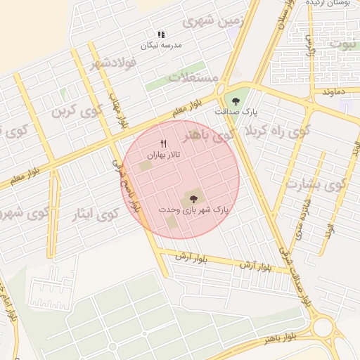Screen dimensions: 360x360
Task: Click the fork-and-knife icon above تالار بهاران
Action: click(163, 143)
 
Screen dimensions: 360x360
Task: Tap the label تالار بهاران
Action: click(163, 153)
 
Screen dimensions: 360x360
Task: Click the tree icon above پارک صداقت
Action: click(236, 101)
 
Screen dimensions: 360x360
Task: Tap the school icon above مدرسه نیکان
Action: click(161, 34)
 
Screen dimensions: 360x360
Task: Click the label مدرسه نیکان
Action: click(161, 44)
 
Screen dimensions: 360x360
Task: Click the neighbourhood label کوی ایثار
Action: click(95, 214)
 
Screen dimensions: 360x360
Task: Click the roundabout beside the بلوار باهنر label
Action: click(324, 327)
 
